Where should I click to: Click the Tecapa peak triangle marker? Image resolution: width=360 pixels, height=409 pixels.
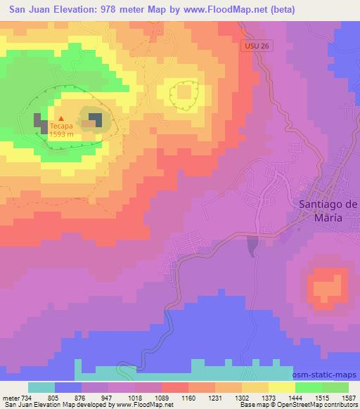click(60, 119)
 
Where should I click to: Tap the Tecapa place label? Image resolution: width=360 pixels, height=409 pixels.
click(60, 128)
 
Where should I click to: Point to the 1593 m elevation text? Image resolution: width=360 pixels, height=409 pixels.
click(61, 136)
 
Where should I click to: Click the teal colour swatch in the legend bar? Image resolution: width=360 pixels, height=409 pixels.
click(41, 387)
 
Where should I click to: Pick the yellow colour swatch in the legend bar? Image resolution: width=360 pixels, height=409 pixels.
click(282, 387)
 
